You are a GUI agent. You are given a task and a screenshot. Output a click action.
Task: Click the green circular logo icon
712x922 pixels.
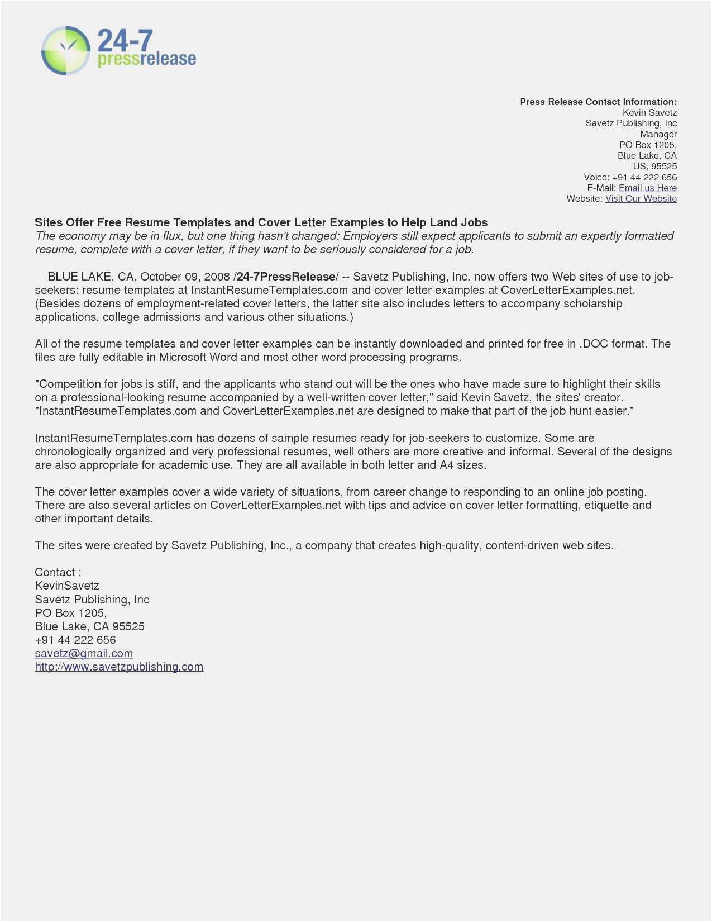(66, 50)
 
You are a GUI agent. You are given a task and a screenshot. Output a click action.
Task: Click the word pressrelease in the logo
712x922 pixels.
(147, 59)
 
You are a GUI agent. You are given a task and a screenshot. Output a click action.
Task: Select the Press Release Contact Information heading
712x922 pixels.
(598, 102)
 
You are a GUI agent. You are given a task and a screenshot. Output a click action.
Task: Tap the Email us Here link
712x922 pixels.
(647, 188)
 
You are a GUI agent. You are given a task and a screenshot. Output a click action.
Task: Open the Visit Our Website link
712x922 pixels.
(641, 198)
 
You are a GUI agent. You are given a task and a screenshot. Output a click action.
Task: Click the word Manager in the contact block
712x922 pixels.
(658, 134)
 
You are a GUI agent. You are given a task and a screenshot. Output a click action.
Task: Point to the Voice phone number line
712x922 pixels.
(630, 177)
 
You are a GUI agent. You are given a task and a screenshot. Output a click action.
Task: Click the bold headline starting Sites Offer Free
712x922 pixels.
(261, 222)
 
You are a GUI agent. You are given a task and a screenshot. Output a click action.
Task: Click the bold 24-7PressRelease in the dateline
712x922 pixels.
(286, 277)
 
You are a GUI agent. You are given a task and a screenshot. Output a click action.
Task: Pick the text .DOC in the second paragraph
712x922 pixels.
(594, 344)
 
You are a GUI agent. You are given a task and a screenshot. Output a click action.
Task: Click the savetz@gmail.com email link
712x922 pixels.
(84, 653)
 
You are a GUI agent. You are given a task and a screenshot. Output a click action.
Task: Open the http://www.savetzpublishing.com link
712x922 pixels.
(119, 667)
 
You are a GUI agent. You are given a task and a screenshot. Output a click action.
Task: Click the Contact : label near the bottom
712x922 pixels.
(58, 572)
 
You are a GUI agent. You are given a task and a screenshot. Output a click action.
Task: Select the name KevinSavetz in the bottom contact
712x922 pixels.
(67, 586)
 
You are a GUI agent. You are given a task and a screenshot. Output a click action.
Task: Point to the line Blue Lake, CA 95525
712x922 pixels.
(89, 626)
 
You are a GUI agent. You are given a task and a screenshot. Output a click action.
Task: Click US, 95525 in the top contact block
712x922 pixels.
(654, 166)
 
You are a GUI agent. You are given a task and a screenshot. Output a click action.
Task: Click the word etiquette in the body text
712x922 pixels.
(606, 505)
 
